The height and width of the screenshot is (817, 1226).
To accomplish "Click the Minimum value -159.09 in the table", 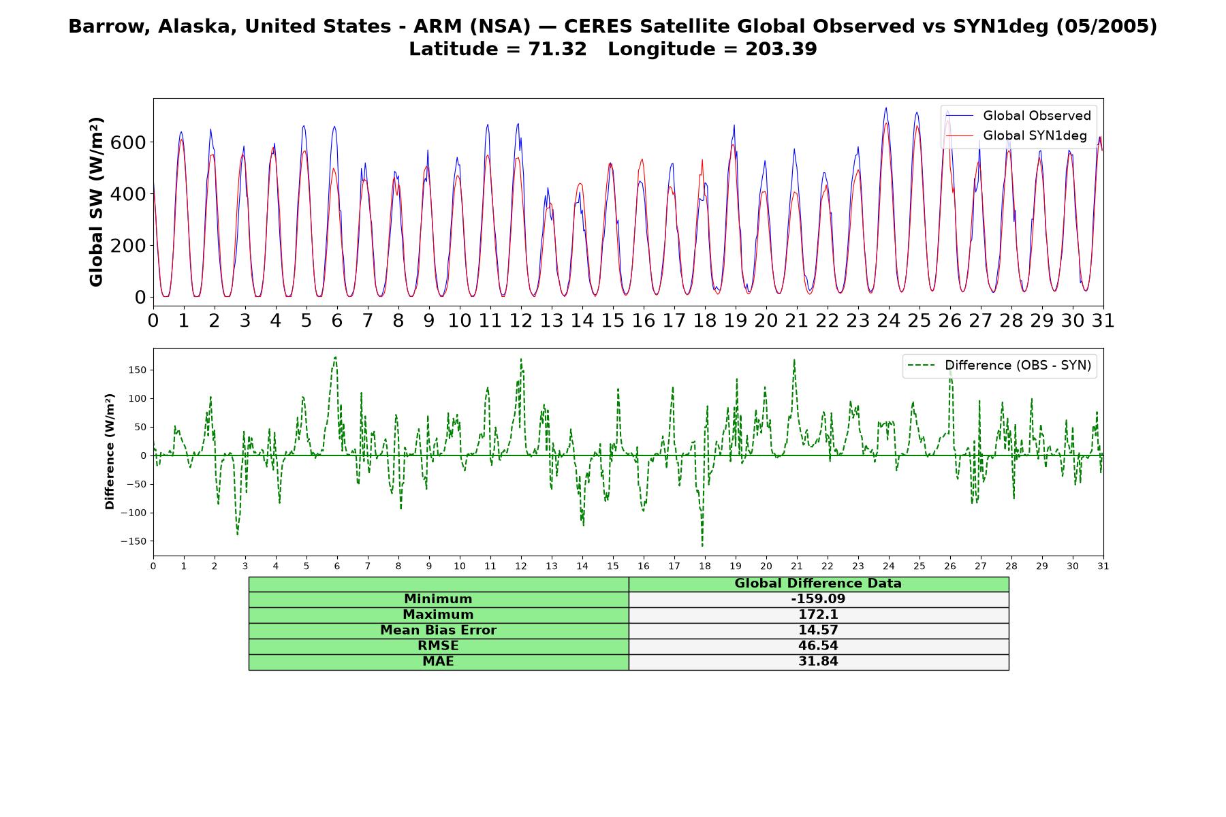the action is (818, 599).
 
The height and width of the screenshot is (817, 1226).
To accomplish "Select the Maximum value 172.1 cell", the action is (818, 615).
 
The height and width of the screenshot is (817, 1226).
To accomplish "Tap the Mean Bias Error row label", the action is (438, 630).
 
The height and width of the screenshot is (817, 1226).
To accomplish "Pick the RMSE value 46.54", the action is (818, 646).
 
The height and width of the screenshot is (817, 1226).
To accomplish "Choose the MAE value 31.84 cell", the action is (818, 662).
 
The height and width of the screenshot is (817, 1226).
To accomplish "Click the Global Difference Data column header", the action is (818, 583).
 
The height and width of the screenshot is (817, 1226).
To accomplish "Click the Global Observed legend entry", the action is (1019, 116).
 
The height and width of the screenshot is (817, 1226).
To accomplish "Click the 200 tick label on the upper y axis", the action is (128, 246).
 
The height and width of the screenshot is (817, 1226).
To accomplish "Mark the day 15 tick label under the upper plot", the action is (612, 321).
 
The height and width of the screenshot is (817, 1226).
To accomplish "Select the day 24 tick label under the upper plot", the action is (888, 321).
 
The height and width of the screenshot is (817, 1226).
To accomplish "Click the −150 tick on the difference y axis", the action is (133, 541).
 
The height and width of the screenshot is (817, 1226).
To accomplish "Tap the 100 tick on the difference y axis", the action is (137, 398).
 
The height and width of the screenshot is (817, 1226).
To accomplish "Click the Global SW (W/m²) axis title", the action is (96, 202).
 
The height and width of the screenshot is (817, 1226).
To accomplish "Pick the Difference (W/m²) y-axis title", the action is (110, 451).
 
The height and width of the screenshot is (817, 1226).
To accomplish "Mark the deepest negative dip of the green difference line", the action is (702, 545).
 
